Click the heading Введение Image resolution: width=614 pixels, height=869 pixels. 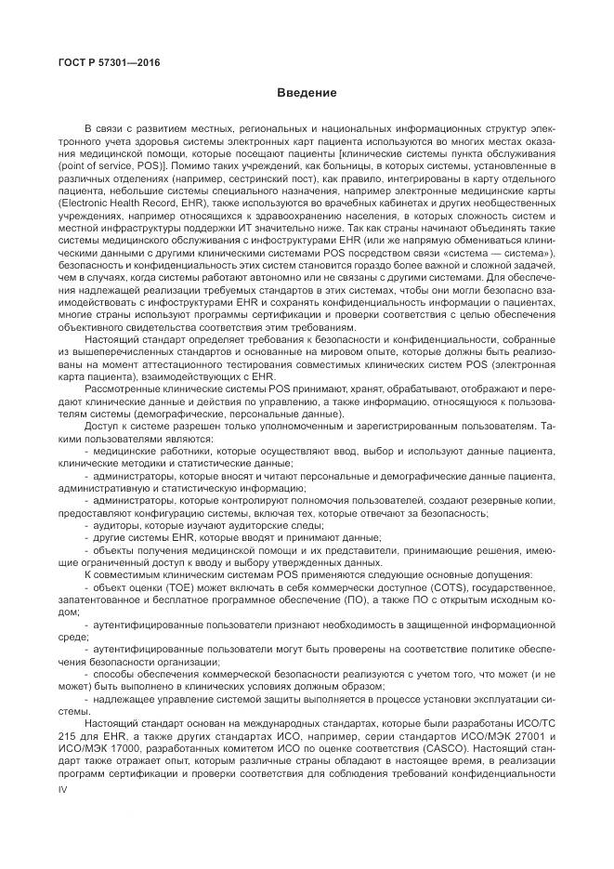[x=306, y=93]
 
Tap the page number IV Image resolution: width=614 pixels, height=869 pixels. [x=63, y=787]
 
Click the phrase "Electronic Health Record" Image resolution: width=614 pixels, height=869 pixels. [x=111, y=202]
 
